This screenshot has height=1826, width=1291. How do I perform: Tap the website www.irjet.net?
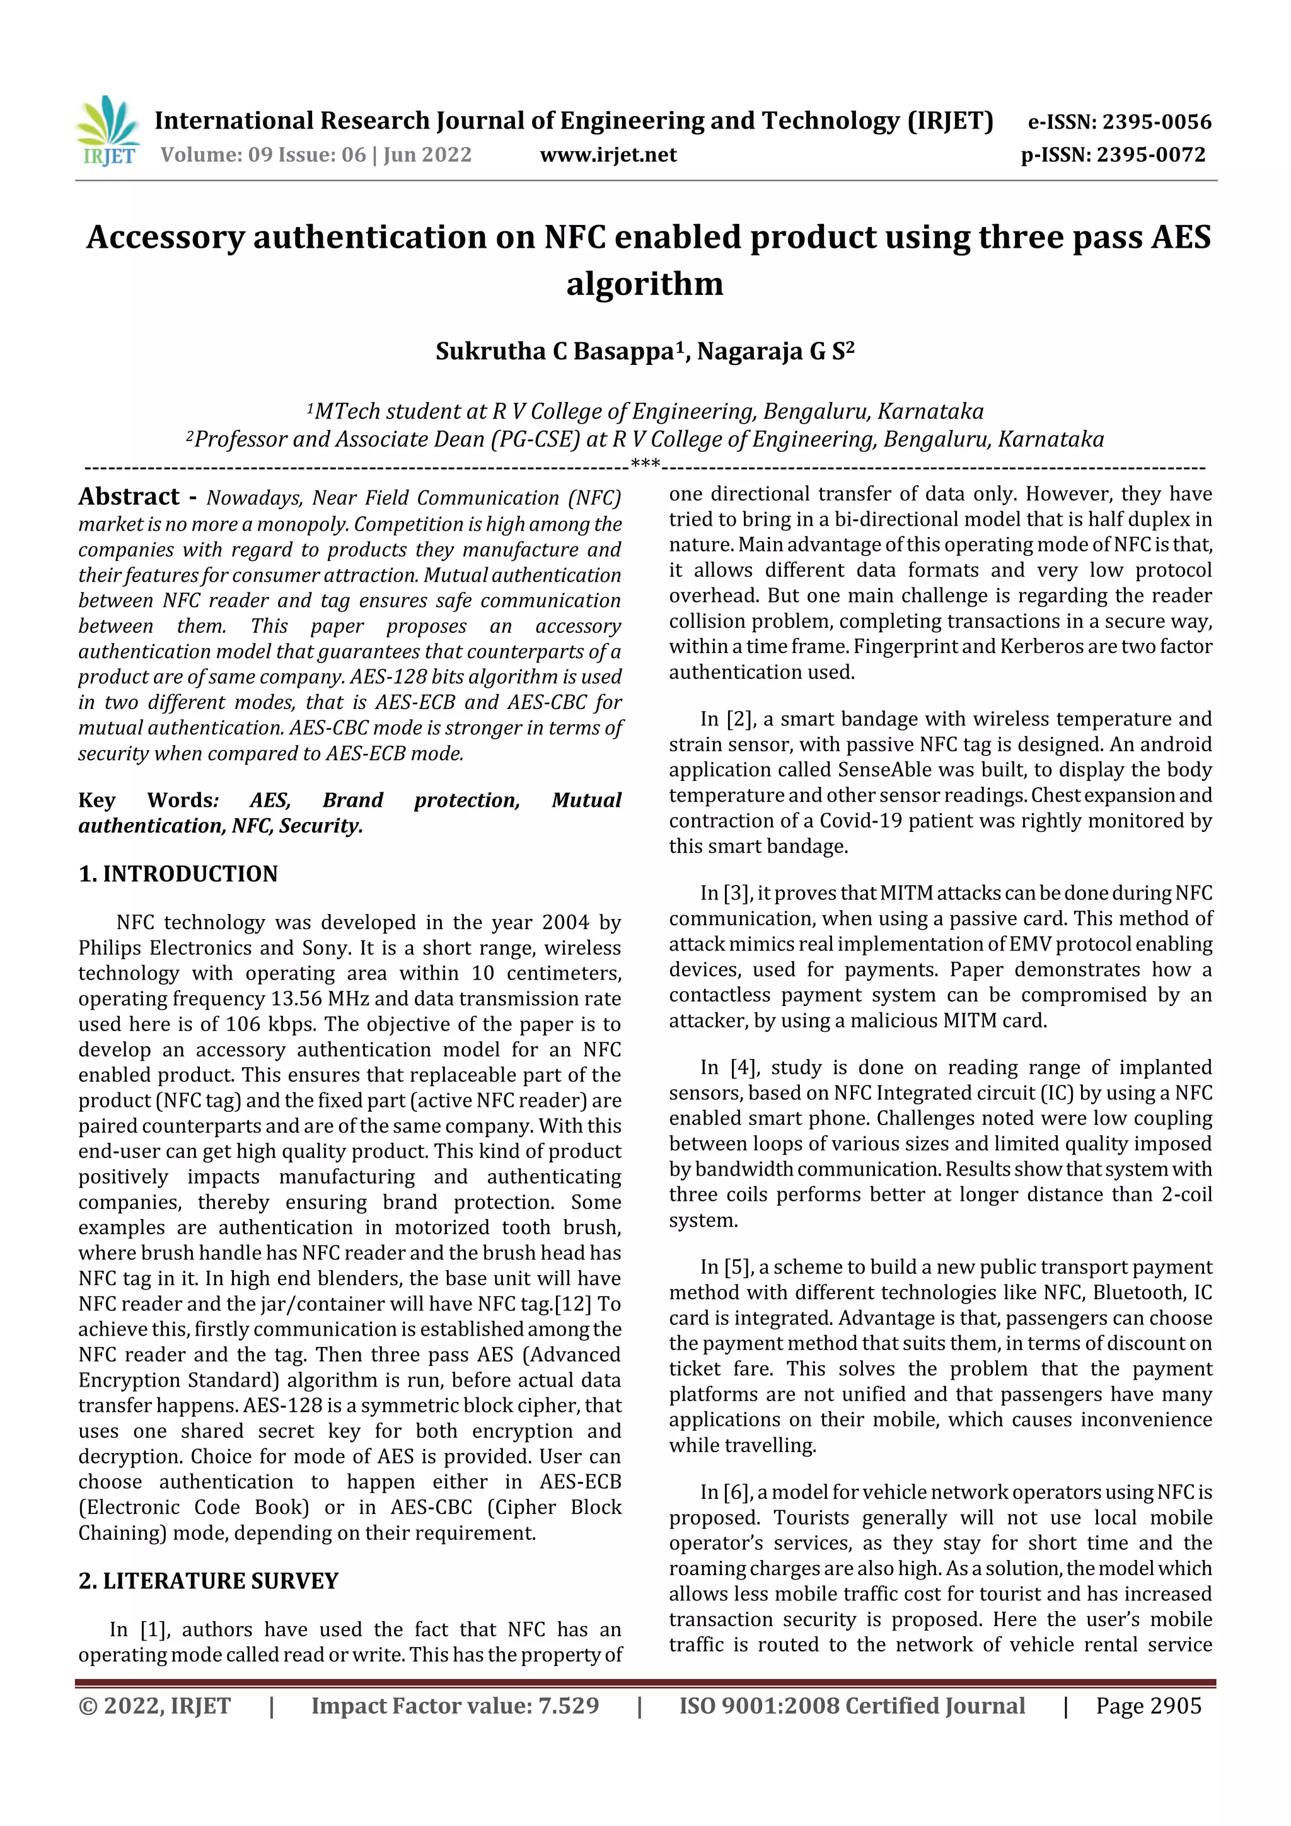pos(608,155)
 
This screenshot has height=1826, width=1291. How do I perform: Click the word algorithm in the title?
pos(644,284)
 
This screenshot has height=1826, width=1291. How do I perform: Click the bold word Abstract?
pos(129,497)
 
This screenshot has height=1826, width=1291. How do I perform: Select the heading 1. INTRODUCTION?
pos(178,874)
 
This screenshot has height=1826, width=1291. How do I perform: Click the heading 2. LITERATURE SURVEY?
pos(209,1581)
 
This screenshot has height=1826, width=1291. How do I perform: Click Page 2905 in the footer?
pos(1148,1706)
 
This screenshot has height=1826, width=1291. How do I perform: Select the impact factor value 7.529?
pos(568,1706)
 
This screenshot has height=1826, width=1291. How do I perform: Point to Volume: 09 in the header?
pos(216,155)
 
